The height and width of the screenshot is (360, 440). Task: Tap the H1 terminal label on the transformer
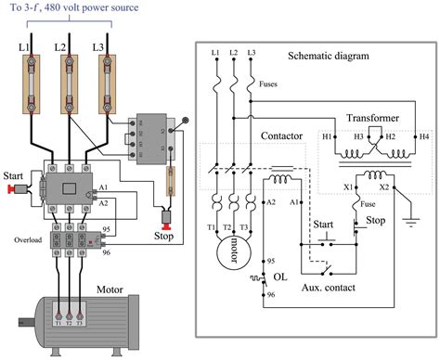(x=327, y=136)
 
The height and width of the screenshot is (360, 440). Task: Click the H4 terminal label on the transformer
(x=424, y=136)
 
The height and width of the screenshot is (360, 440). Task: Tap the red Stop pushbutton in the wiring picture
(x=168, y=221)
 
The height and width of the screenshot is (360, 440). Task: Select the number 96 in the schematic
(x=270, y=294)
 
